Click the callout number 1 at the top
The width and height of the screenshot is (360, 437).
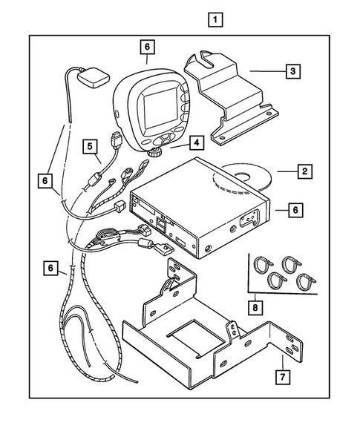point(215,19)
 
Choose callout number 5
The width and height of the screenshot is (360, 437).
point(91,147)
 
